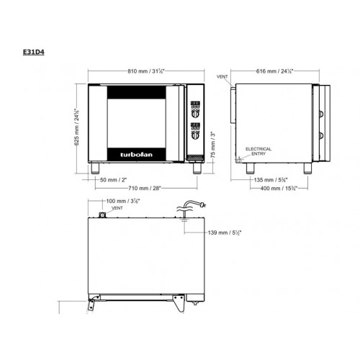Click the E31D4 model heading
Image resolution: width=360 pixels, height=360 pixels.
(33, 52)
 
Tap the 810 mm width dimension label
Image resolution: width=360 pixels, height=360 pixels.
(144, 72)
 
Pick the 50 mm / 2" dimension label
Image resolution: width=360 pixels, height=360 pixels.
(113, 179)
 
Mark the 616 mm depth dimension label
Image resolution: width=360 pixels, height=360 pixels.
(277, 72)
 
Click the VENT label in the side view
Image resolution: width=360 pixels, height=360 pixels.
(222, 76)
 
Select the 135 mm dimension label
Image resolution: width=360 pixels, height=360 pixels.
(272, 179)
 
